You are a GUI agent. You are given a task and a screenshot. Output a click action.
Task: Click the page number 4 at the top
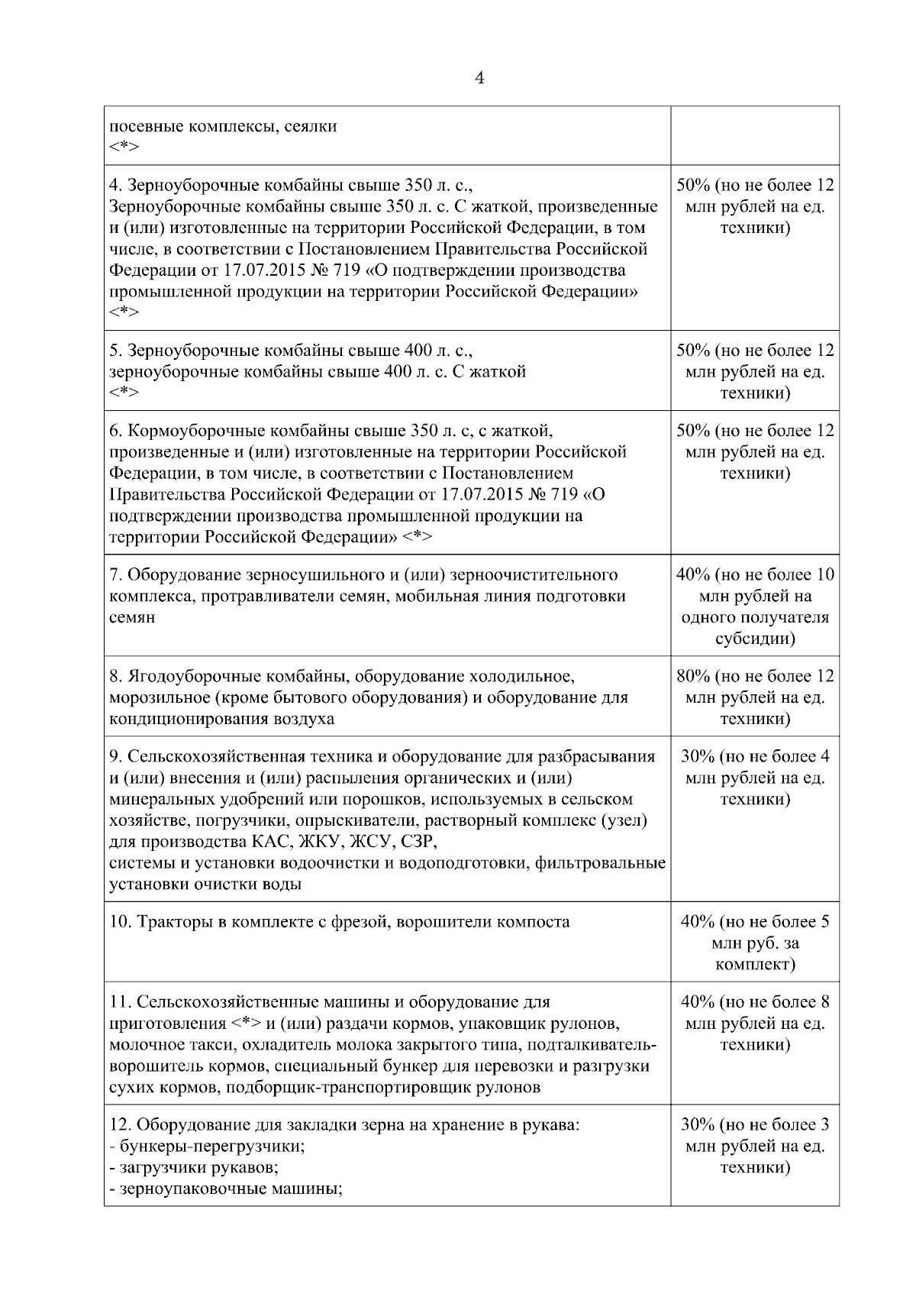(479, 79)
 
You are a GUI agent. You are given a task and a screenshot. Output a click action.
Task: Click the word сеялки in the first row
(311, 126)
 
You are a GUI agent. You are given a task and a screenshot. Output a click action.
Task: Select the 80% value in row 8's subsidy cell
(694, 676)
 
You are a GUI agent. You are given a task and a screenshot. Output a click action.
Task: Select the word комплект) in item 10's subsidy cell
(755, 964)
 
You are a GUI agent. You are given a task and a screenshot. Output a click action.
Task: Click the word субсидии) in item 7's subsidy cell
(755, 639)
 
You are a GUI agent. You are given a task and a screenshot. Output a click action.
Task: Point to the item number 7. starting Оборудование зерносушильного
(116, 574)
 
